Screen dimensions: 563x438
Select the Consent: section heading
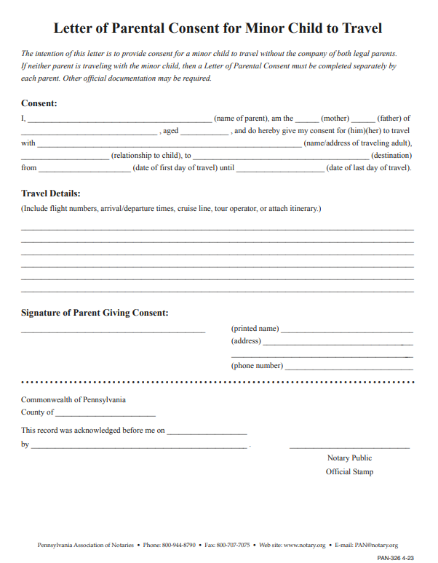[39, 103]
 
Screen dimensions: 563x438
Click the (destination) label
[391, 155]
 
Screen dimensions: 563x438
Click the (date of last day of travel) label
[369, 167]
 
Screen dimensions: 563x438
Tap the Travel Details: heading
[50, 193]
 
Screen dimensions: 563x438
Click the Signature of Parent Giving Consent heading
[95, 313]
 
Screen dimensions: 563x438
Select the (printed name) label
[255, 329]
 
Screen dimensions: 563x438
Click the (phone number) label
[257, 366]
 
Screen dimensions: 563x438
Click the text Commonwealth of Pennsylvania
[73, 399]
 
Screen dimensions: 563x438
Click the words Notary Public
[349, 458]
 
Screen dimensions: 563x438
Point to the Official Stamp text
[349, 471]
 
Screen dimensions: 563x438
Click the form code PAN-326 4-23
[395, 557]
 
